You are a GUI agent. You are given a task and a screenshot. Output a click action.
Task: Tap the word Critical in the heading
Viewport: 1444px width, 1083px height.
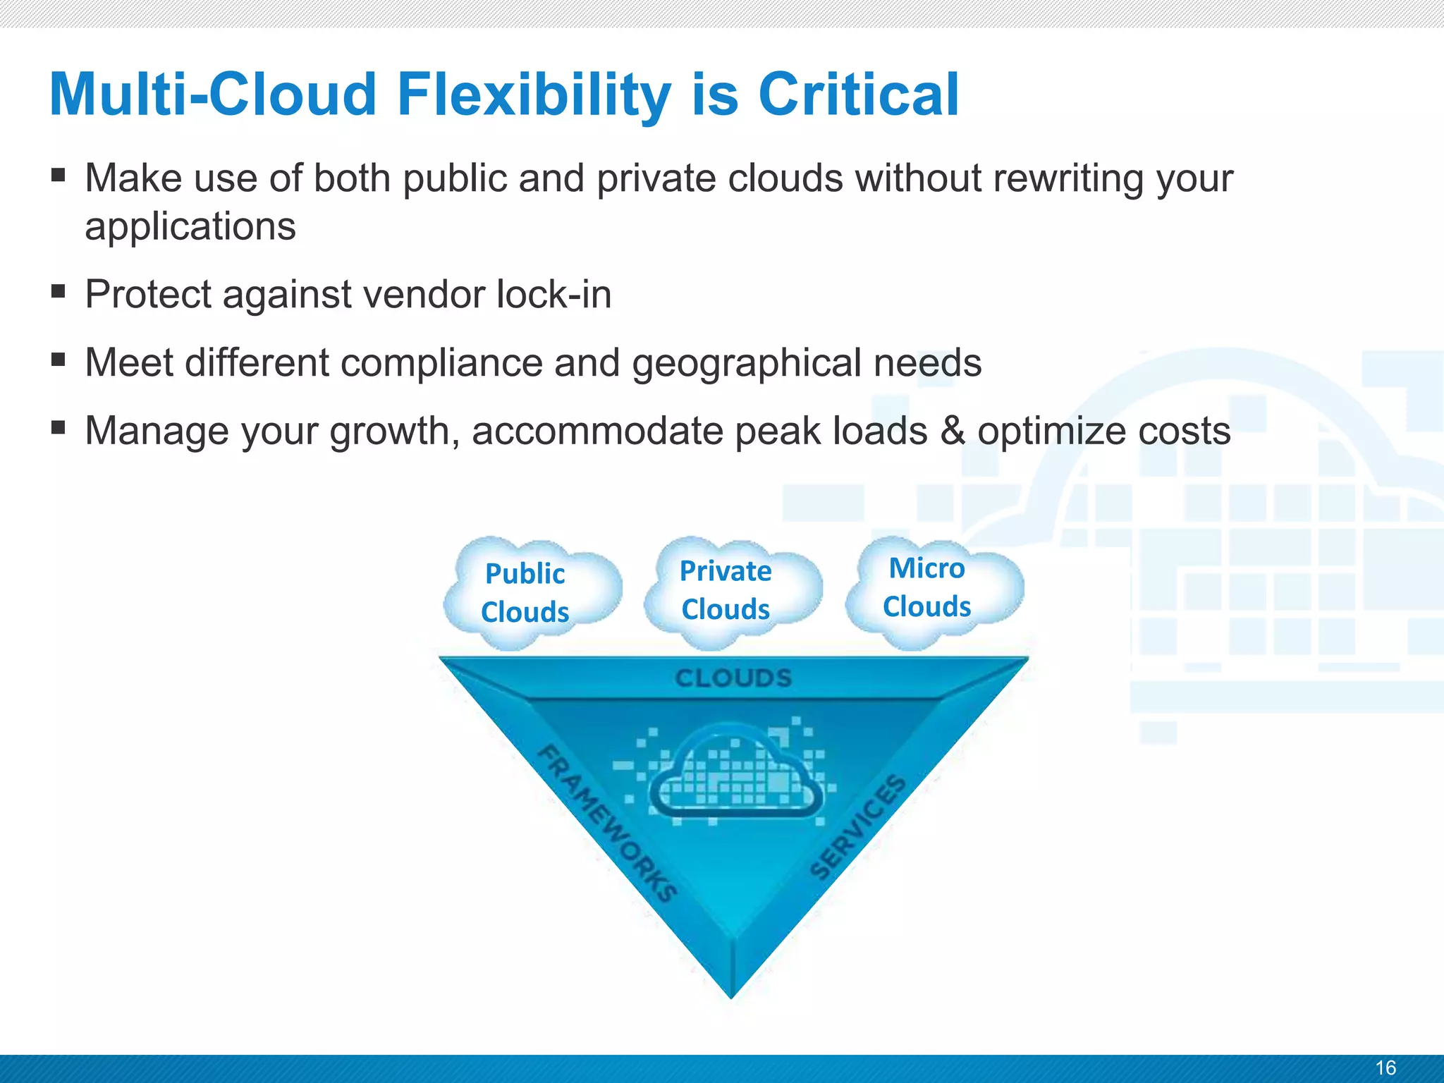[858, 95]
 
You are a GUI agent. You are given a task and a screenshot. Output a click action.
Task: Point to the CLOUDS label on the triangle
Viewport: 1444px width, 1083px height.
[733, 678]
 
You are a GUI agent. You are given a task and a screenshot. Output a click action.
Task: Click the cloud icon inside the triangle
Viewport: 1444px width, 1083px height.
[735, 772]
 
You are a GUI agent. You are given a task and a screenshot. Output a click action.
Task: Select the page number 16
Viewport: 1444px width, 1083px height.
[1385, 1067]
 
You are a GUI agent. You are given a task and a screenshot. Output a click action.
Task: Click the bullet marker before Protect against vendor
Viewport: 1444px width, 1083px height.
[59, 290]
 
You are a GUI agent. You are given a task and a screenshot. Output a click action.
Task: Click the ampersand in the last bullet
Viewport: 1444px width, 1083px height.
[953, 431]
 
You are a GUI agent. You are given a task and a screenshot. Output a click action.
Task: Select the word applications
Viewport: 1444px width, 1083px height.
[190, 227]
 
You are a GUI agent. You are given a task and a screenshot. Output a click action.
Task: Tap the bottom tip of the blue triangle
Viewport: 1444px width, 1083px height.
[732, 994]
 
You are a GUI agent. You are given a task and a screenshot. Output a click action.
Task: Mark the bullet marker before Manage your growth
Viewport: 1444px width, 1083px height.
[59, 427]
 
